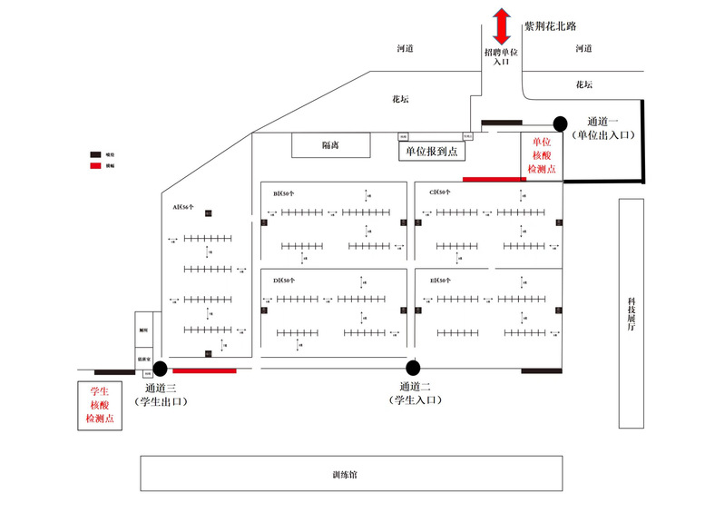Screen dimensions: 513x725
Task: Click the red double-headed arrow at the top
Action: coord(500,25)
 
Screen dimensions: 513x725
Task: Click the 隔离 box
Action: coord(330,145)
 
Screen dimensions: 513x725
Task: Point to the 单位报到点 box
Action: coord(430,152)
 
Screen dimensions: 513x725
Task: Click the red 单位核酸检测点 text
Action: coord(544,156)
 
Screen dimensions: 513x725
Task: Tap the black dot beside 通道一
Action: coord(560,123)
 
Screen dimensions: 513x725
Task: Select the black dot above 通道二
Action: coord(413,368)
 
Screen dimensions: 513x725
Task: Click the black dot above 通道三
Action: coord(161,368)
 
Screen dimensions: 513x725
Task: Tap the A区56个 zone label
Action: coord(184,207)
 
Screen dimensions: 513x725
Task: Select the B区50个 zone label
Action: coord(285,193)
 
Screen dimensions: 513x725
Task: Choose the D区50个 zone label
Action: coord(285,280)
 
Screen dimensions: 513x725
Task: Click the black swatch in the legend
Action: coord(95,155)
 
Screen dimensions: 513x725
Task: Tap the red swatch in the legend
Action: coord(95,167)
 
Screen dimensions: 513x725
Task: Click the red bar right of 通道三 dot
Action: coord(204,370)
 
